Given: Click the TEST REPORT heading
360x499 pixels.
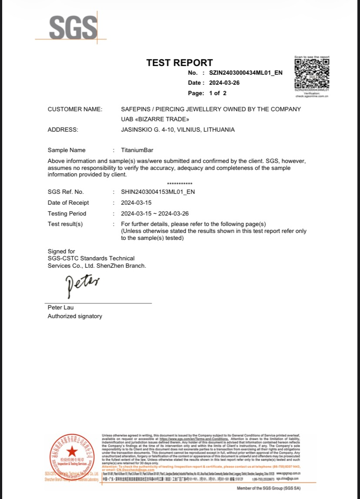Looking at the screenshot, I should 180,63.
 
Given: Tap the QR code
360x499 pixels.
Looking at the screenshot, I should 312,73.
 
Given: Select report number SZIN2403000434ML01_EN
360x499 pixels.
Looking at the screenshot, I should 246,73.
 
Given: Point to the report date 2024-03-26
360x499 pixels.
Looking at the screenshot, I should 224,83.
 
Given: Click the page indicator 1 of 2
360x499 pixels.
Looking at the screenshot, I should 218,93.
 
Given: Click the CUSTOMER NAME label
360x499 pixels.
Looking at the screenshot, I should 75,109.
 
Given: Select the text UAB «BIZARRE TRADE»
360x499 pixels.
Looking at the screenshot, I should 155,119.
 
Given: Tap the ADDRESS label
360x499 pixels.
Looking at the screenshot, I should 63,130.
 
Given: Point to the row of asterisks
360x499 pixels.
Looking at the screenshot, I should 180,184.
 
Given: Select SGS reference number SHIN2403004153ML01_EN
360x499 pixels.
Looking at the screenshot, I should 158,192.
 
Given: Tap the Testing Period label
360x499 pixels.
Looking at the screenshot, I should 67,213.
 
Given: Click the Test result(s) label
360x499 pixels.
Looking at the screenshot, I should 65,224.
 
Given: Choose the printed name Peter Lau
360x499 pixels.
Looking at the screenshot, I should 60,307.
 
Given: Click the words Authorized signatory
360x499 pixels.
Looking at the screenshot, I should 75,316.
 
